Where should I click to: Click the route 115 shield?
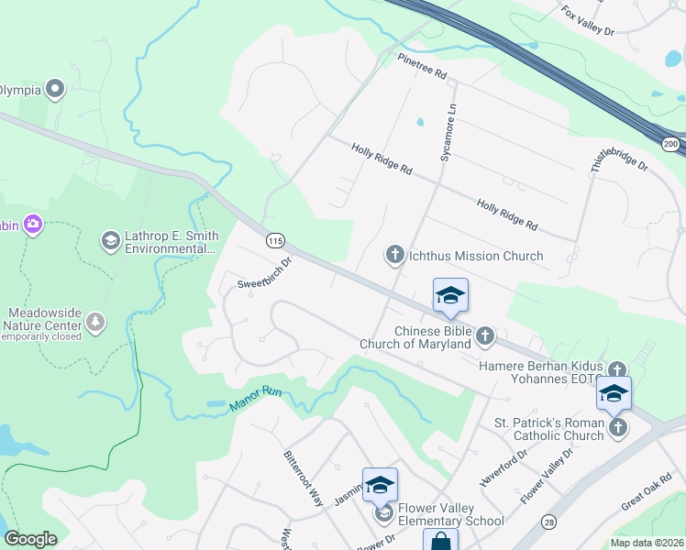(274, 240)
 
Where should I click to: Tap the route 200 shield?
(670, 144)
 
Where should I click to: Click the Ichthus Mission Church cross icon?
(395, 254)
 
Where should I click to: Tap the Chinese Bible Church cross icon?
(485, 337)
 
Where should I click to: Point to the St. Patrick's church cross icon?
(618, 427)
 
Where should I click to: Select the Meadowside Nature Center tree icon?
(95, 322)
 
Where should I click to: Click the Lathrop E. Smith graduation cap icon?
(111, 240)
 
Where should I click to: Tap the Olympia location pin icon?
(55, 89)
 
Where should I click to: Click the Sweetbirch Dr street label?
(264, 273)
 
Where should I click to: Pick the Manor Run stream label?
(259, 399)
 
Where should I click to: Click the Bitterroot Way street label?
(304, 478)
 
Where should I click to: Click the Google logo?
(30, 539)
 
